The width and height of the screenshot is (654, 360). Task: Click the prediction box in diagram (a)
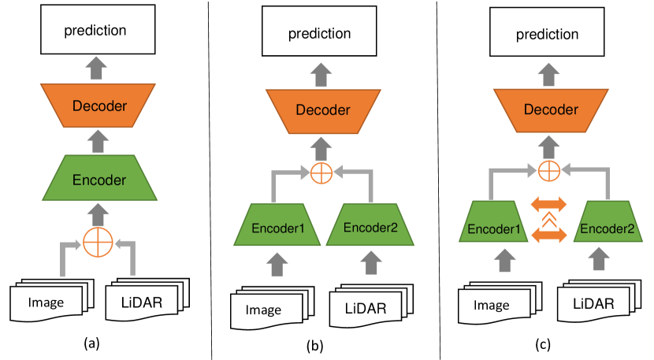click(x=98, y=30)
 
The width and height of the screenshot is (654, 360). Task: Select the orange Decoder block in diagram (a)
click(x=98, y=106)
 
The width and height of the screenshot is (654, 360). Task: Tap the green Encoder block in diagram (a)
click(x=100, y=178)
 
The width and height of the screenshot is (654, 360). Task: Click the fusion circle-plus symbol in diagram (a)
click(x=98, y=243)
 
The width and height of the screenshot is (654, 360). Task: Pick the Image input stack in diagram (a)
click(x=52, y=300)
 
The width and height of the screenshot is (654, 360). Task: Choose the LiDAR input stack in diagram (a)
click(x=147, y=299)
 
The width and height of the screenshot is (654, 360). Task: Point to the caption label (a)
click(x=91, y=343)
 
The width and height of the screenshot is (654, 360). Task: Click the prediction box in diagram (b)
click(x=319, y=31)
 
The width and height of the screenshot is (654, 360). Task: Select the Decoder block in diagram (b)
click(x=323, y=111)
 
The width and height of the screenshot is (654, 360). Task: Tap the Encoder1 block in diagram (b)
click(x=277, y=225)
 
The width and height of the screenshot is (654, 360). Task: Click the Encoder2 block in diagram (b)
click(x=370, y=225)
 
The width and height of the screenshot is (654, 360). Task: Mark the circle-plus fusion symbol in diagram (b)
click(x=321, y=173)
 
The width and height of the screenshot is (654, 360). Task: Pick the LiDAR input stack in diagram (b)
click(x=371, y=306)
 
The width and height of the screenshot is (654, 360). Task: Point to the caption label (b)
click(x=315, y=346)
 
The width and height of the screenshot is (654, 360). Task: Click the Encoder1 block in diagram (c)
click(x=493, y=221)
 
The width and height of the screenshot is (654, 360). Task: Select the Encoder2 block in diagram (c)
click(x=608, y=221)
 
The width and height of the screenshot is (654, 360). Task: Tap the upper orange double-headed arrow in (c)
click(x=549, y=204)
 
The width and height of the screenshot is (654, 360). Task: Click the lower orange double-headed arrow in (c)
click(x=549, y=235)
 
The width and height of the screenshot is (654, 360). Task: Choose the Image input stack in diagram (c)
click(x=500, y=302)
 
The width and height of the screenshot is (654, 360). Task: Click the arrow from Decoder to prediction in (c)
click(x=548, y=75)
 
